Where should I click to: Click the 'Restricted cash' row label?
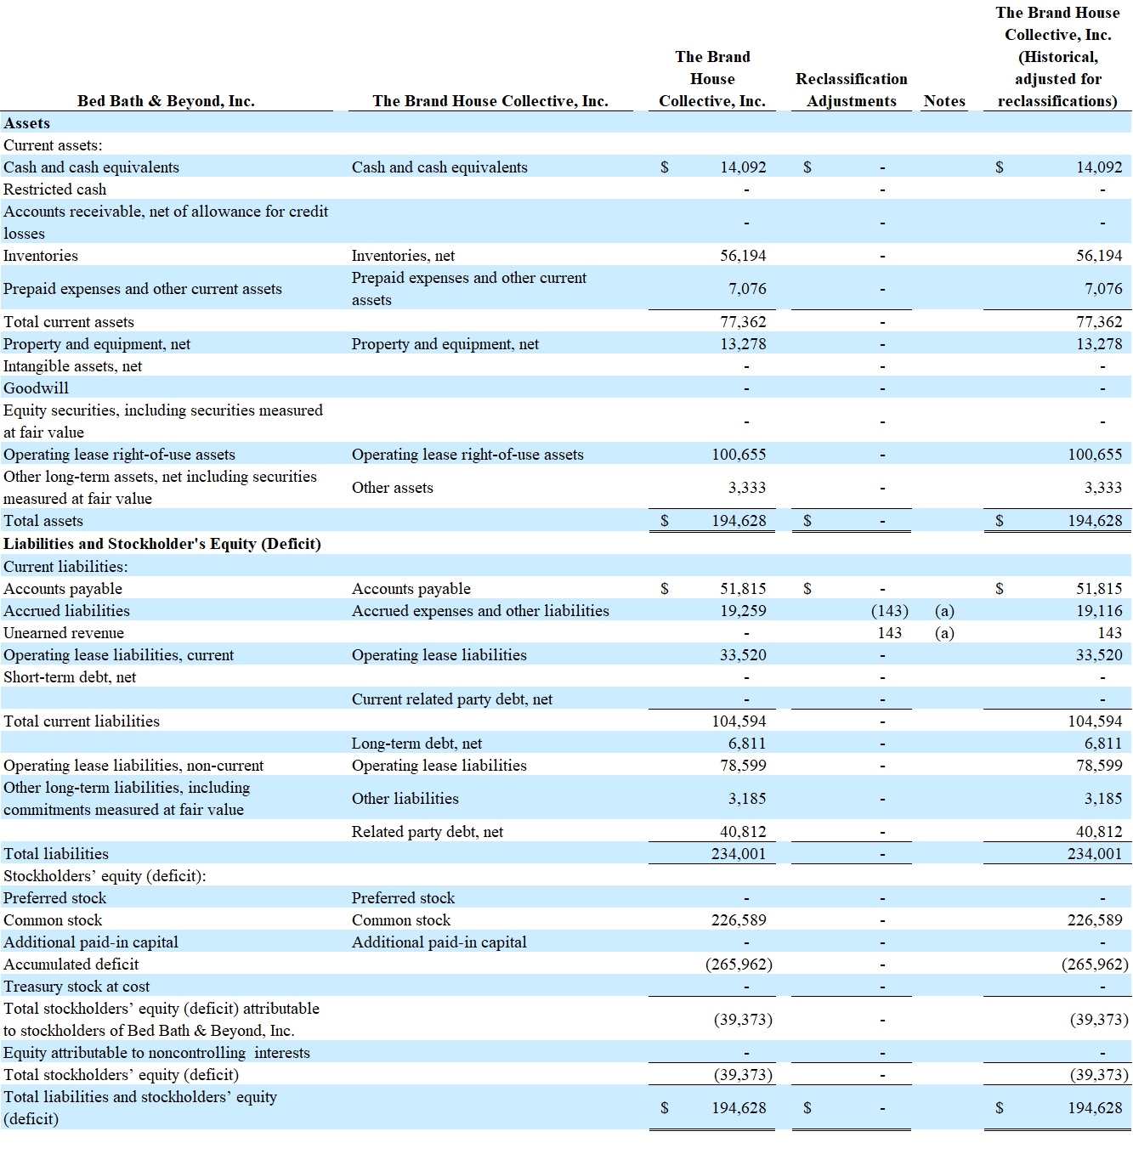54,190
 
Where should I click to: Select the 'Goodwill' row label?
36,388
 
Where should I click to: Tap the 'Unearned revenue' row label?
64,633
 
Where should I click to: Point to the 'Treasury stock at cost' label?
76,987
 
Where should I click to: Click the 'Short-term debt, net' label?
70,677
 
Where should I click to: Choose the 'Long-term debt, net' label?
416,744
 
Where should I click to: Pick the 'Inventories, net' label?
403,256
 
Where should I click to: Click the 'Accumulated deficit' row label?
71,964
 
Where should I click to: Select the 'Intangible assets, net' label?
72,366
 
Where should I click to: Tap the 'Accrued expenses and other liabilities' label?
480,611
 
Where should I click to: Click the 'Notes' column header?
944,100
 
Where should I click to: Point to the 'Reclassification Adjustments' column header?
852,90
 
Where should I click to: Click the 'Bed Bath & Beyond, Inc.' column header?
166,100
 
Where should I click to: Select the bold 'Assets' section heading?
27,122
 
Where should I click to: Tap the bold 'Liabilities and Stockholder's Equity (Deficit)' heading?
162,544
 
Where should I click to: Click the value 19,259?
743,611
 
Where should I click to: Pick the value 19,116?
1099,611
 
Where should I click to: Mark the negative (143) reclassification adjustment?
890,611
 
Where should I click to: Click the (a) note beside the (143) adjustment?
944,611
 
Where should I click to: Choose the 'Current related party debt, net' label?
452,699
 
